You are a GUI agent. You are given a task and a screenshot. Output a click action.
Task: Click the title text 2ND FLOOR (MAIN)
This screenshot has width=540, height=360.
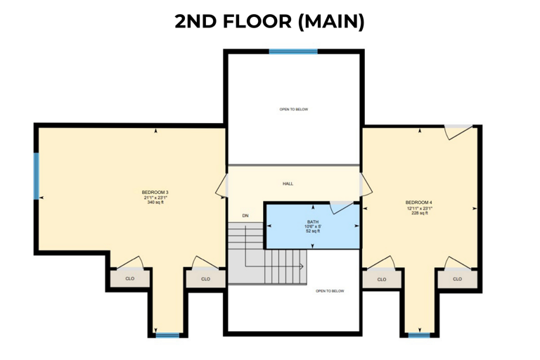pos(270,21)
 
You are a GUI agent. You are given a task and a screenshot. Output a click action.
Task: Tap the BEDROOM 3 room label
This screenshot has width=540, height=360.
pos(155,193)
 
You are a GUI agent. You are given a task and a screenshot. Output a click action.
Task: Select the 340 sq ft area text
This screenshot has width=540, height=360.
pos(155,202)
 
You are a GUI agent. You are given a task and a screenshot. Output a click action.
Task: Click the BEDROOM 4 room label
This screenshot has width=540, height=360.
pos(419,202)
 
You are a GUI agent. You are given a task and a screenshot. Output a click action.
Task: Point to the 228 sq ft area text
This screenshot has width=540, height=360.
pos(419,213)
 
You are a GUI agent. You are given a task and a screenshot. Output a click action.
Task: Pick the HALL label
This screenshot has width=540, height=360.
pos(288,184)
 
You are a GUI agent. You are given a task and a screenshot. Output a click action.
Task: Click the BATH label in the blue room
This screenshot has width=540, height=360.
pos(312,221)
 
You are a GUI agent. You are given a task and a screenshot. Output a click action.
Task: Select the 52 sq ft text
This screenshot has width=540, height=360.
pos(312,231)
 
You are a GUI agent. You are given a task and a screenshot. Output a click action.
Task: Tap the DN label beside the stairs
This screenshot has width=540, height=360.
pos(245,215)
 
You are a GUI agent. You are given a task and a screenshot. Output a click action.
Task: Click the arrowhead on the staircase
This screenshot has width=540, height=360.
pos(302,266)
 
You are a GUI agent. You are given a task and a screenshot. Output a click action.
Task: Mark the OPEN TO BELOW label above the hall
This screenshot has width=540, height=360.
pos(293,109)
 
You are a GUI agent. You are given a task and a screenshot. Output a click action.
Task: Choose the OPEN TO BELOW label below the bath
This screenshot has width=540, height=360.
pos(330,290)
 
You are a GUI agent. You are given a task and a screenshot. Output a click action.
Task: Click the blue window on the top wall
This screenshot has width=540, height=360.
pos(292,51)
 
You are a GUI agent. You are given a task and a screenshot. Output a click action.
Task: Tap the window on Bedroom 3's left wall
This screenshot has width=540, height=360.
pos(37,176)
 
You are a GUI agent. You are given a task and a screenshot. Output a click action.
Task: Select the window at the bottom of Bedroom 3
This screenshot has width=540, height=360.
pos(167,335)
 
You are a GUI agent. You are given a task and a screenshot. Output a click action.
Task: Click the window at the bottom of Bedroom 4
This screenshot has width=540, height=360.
pos(419,335)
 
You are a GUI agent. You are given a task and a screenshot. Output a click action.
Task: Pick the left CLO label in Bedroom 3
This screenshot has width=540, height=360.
pos(129,278)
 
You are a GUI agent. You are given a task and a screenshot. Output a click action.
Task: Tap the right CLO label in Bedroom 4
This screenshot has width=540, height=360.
pos(457,278)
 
